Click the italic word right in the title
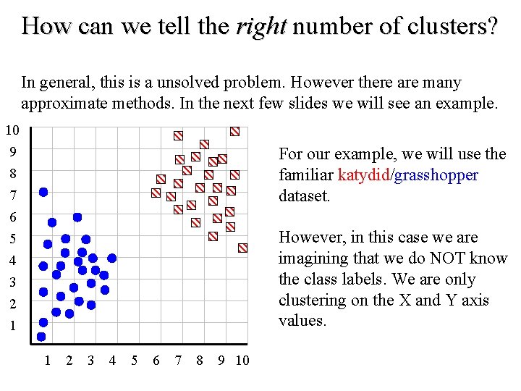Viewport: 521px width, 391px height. tap(260, 27)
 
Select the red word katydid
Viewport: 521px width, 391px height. tap(363, 175)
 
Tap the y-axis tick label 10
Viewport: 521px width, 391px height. tap(12, 131)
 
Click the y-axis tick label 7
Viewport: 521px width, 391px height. tap(12, 195)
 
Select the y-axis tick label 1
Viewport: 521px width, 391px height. tap(12, 326)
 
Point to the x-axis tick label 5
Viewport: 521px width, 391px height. tap(134, 360)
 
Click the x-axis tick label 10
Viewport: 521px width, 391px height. tap(242, 360)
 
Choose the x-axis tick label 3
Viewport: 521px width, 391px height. tap(90, 360)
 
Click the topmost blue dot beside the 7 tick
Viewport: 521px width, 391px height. tap(43, 192)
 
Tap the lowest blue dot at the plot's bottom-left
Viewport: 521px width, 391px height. tap(41, 337)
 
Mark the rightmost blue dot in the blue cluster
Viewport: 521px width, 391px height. tap(112, 258)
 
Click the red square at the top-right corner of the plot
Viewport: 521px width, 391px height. tap(234, 132)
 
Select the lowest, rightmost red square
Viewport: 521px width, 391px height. tap(243, 248)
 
